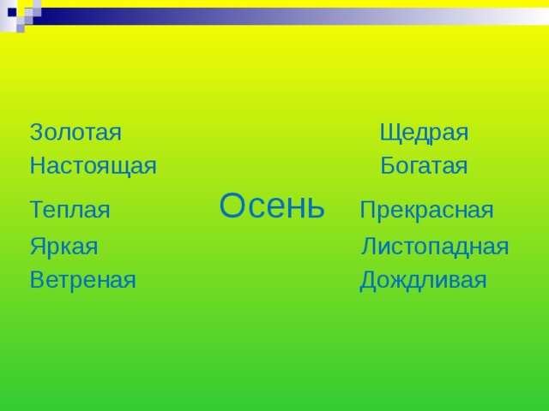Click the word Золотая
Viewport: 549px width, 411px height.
[75, 133]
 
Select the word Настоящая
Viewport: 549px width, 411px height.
[93, 166]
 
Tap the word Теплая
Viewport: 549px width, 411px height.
[69, 210]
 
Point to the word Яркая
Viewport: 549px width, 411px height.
[63, 247]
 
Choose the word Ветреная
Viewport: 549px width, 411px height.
[82, 280]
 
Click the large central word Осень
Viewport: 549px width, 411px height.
[272, 205]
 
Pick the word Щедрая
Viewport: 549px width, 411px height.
[424, 134]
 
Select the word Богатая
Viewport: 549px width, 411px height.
[424, 166]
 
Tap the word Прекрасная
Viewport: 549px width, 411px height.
[426, 210]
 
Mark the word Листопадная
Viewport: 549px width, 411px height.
[435, 247]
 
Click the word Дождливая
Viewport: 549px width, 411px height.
[423, 280]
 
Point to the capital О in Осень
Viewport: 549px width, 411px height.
[234, 205]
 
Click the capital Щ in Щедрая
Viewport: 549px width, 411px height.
[389, 134]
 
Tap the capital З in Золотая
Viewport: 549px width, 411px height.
[36, 133]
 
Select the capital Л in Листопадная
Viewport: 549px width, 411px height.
[370, 247]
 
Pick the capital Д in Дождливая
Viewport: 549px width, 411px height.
[369, 280]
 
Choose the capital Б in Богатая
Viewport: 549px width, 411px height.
[388, 166]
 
